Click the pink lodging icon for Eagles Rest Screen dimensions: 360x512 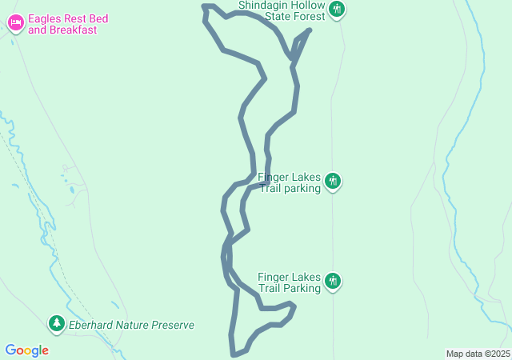pos(15,23)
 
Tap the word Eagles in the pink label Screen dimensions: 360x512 pos(46,18)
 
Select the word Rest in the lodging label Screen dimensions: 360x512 pos(80,18)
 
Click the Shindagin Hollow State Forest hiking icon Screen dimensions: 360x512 pos(337,10)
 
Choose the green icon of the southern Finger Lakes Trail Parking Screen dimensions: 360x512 pos(334,282)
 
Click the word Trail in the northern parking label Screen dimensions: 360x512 pos(271,188)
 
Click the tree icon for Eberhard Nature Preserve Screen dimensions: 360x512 pos(56,324)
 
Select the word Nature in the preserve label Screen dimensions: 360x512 pos(138,326)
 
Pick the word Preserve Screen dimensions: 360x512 pos(176,326)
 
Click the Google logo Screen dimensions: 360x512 pos(26,350)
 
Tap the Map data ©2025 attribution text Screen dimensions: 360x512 pos(478,354)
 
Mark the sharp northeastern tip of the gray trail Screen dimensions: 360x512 pos(309,30)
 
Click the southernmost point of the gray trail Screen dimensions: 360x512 pos(234,354)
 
